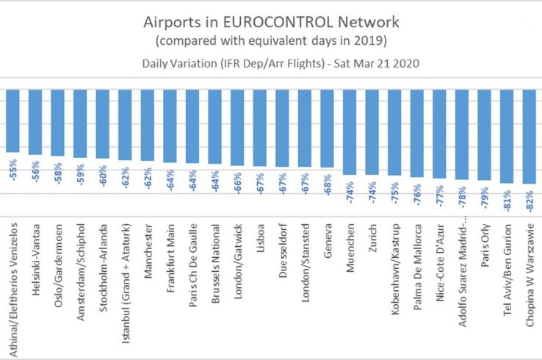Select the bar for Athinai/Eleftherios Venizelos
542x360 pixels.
coord(12,121)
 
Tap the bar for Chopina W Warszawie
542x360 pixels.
coord(528,137)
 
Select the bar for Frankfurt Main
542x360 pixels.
coord(170,126)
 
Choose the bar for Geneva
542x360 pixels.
coord(327,129)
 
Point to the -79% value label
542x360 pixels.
coord(483,195)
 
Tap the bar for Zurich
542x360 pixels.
coord(372,132)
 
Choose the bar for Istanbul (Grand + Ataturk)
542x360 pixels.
coord(125,125)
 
